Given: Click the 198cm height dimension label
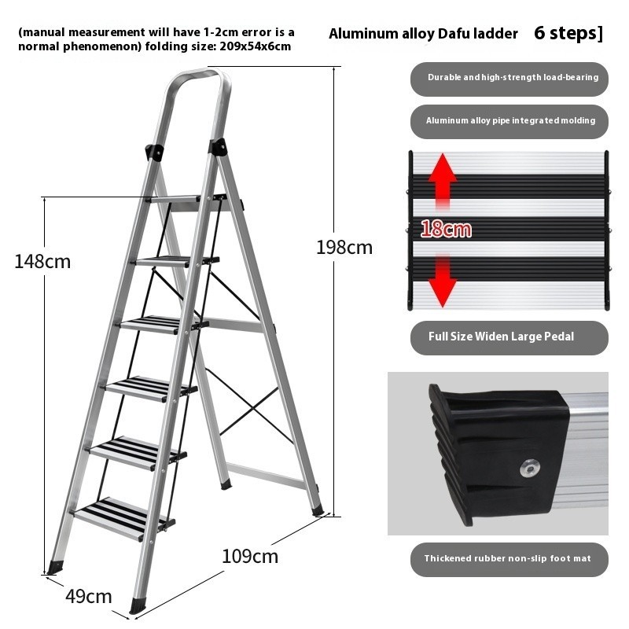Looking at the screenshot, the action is pos(344,248).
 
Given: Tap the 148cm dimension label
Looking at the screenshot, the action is pos(42,262).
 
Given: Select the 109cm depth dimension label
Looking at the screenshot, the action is pos(250,557).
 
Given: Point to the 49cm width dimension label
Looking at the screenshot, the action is pos(89,597).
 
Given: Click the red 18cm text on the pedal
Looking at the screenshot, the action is pos(446,229).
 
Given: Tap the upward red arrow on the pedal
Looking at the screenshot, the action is pos(443,182).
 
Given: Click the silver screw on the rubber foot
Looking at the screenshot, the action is pos(529,468).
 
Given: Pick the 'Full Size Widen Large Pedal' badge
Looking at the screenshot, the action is pos(509,338).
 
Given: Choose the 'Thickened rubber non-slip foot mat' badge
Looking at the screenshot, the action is pos(509,560).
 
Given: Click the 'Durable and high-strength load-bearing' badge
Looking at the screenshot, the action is pos(509,79).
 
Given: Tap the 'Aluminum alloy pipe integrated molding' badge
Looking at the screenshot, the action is pos(509,122).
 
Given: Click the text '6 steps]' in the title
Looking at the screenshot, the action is pos(568,33).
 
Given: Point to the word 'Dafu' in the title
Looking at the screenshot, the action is pos(454,34).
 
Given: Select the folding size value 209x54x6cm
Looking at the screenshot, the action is pos(255,46).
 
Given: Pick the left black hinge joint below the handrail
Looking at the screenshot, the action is pos(154,152).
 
